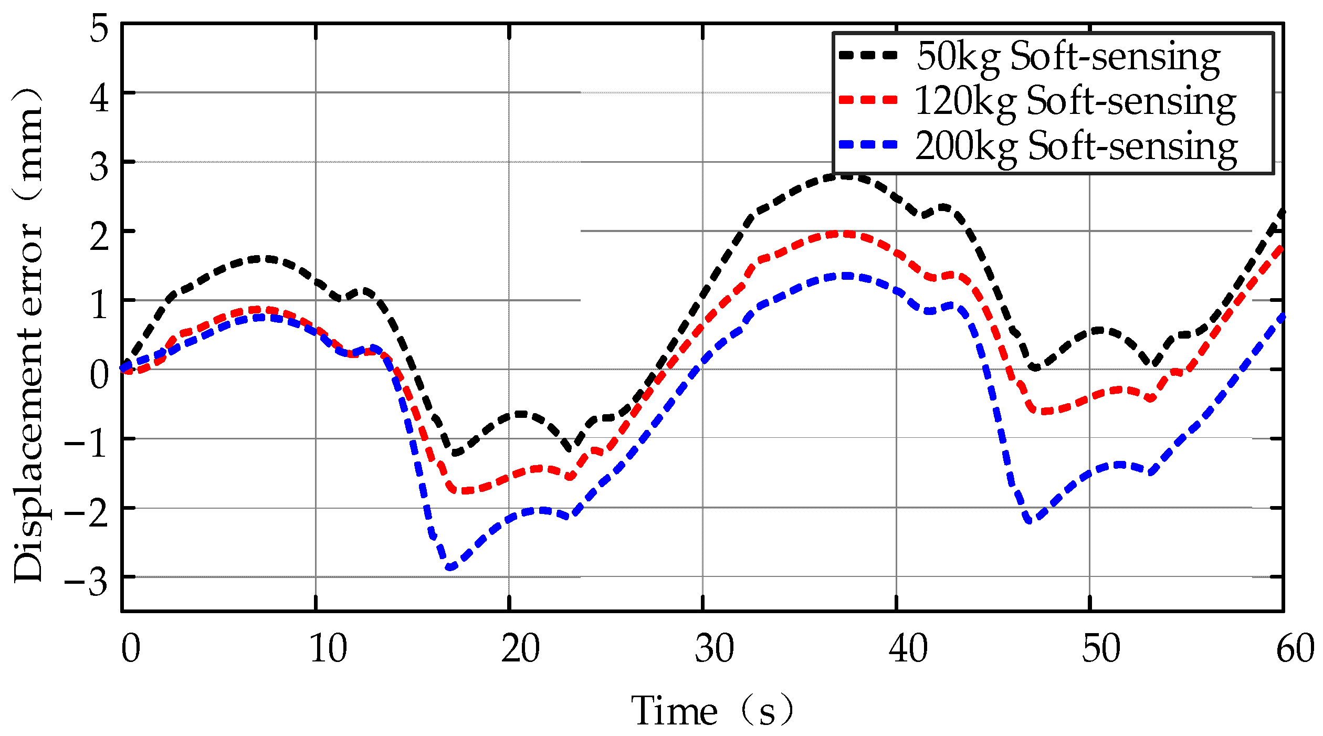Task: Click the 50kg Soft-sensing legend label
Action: coord(1068,57)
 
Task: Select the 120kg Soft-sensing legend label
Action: coord(1075,101)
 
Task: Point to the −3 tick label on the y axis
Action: coord(87,582)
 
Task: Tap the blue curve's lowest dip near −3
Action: coord(450,567)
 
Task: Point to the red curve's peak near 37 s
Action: coord(843,234)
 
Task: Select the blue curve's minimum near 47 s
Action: coord(1030,521)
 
